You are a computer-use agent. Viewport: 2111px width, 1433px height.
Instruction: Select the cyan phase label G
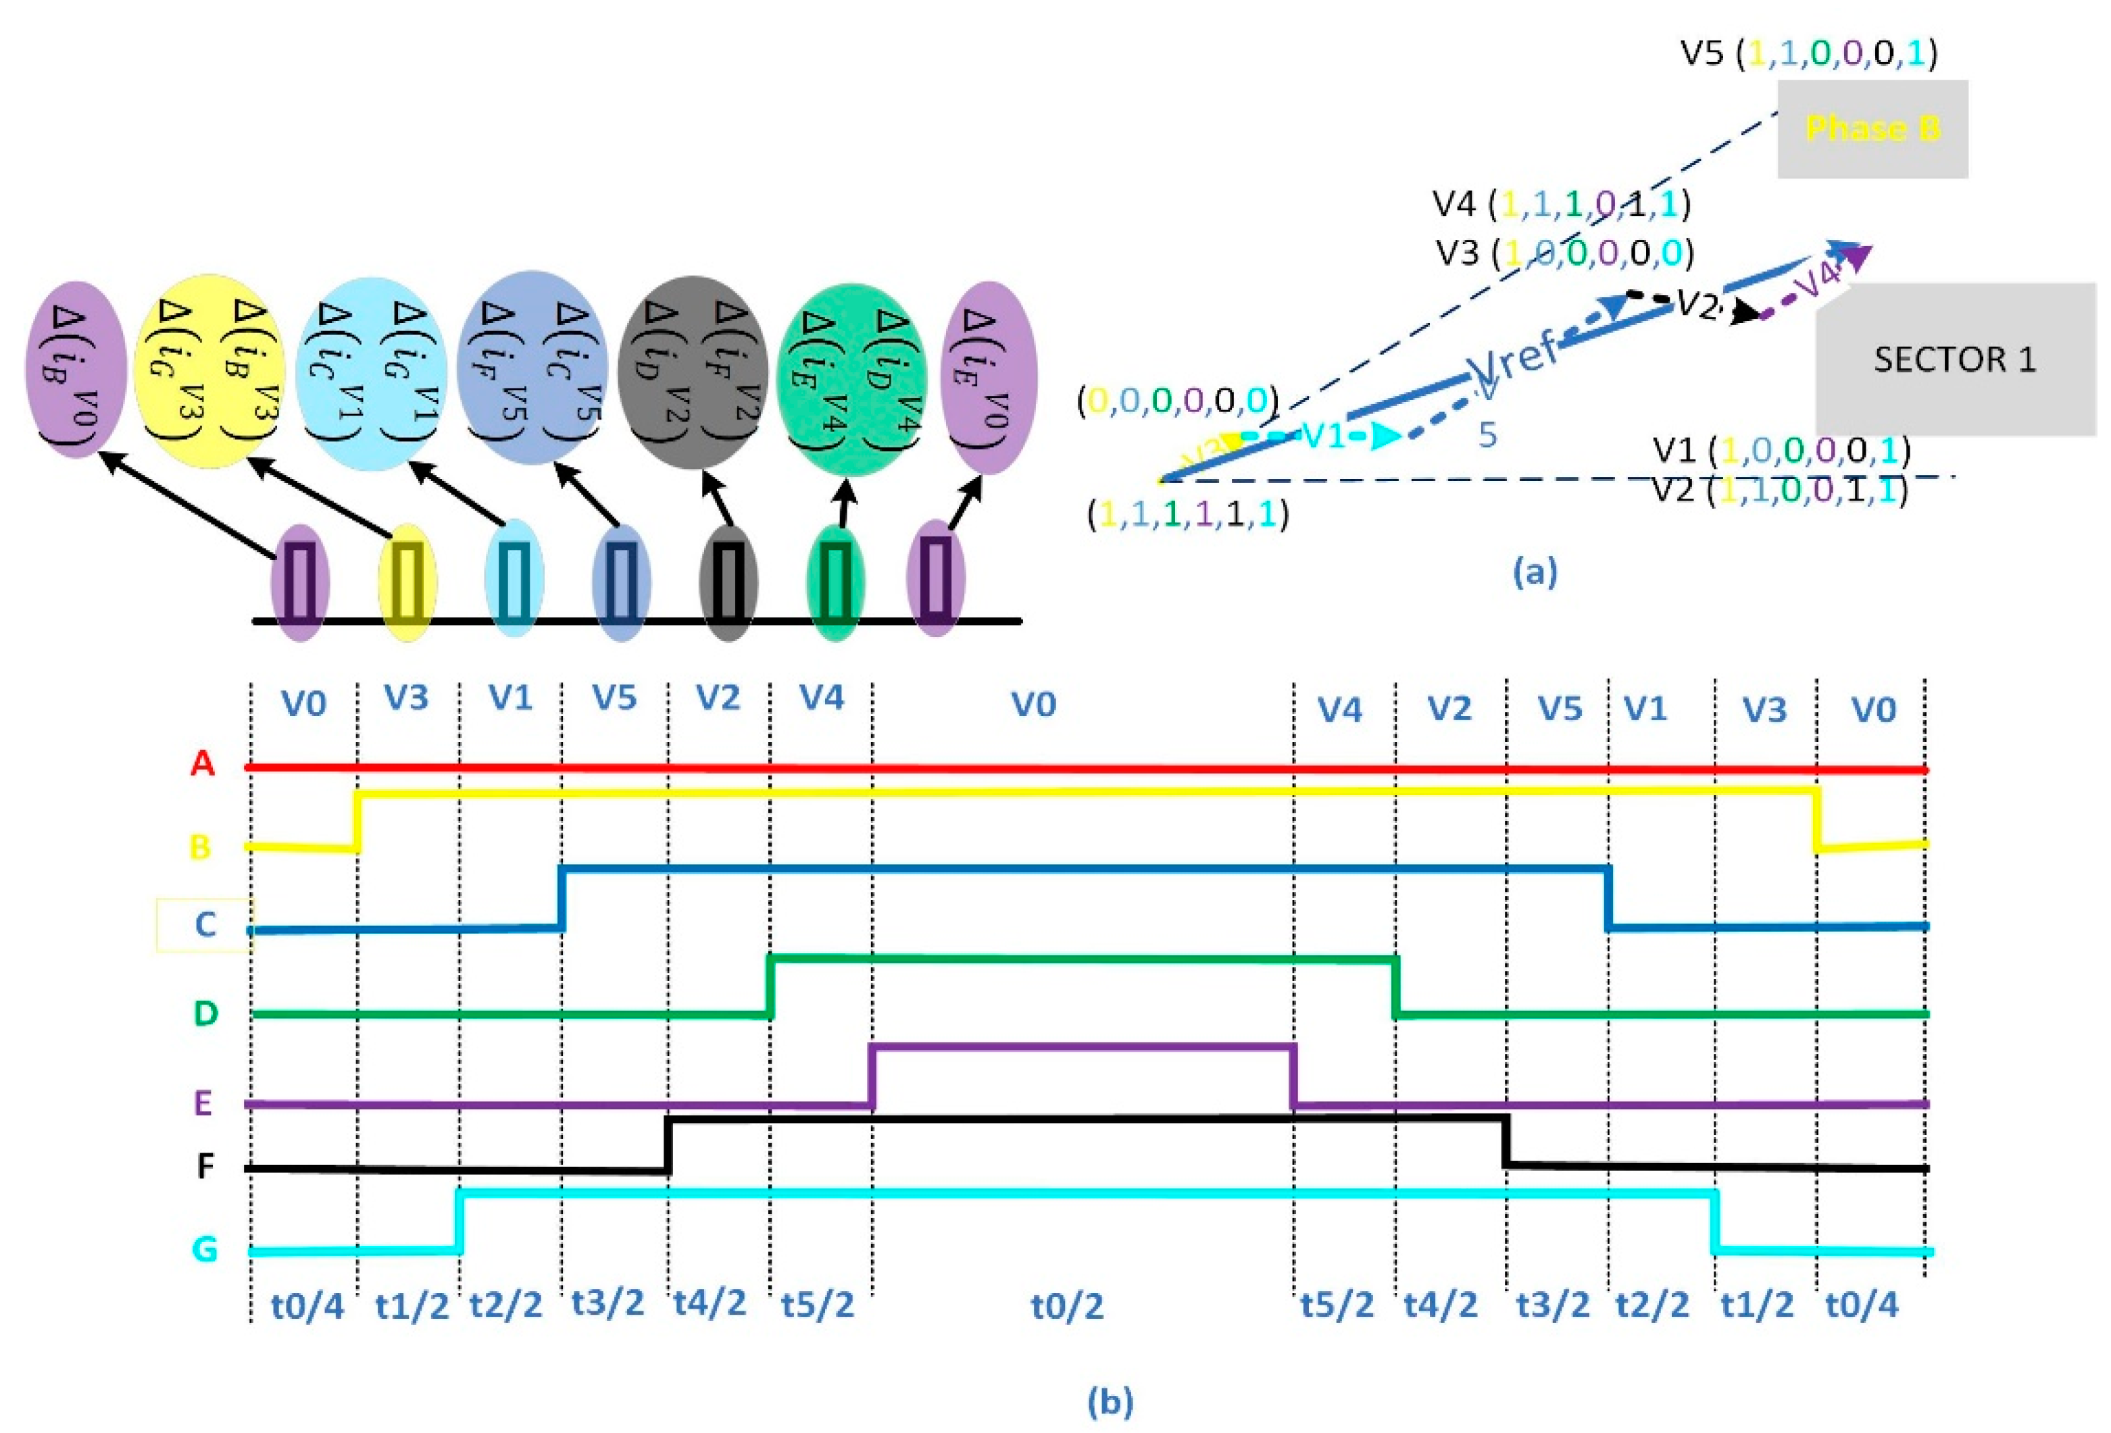pyautogui.click(x=204, y=1249)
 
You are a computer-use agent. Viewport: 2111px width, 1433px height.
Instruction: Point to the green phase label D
pyautogui.click(x=206, y=1013)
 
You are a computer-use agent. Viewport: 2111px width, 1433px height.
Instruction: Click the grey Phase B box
pyautogui.click(x=1872, y=129)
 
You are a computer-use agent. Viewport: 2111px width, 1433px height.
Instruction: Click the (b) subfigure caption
pyautogui.click(x=1110, y=1401)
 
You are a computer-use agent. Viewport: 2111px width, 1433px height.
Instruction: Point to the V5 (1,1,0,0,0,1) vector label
pyautogui.click(x=1808, y=53)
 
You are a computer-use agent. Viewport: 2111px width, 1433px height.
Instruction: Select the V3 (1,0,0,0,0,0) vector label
pyautogui.click(x=1564, y=253)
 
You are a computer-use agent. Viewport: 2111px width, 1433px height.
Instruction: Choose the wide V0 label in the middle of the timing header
pyautogui.click(x=1034, y=704)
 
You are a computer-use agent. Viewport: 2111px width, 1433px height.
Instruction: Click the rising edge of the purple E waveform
pyautogui.click(x=872, y=1076)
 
